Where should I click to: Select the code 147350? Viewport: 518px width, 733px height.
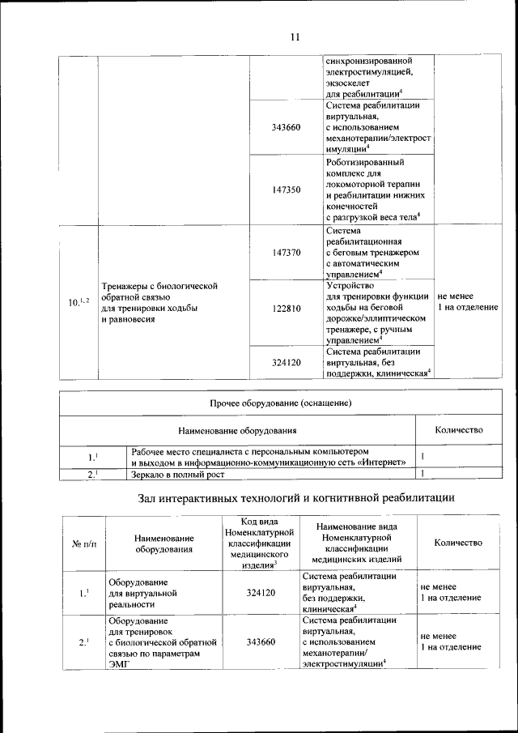(286, 190)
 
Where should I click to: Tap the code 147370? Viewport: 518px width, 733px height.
(286, 253)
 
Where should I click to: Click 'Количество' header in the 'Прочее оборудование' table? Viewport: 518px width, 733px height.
(458, 429)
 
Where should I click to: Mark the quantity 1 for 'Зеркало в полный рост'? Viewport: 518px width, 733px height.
(422, 473)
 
